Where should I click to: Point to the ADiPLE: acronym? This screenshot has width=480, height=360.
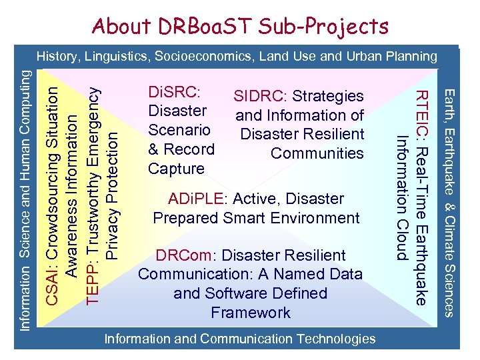click(190, 199)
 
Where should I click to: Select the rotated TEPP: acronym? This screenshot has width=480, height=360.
click(95, 287)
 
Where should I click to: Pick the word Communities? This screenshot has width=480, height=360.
click(317, 153)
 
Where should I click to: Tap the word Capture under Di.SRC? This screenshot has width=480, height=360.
click(176, 169)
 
